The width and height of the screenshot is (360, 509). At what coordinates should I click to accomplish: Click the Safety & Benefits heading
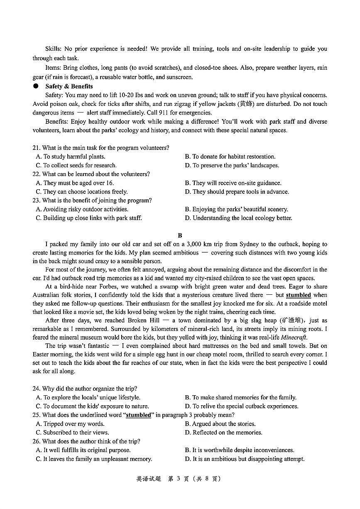tap(69, 86)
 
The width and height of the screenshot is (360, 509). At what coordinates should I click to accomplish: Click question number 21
tap(36, 148)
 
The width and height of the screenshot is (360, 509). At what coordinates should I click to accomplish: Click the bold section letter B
tap(180, 235)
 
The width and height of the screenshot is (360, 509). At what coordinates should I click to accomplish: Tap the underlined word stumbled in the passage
tap(298, 295)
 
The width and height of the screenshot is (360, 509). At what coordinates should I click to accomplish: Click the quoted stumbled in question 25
tap(138, 415)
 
